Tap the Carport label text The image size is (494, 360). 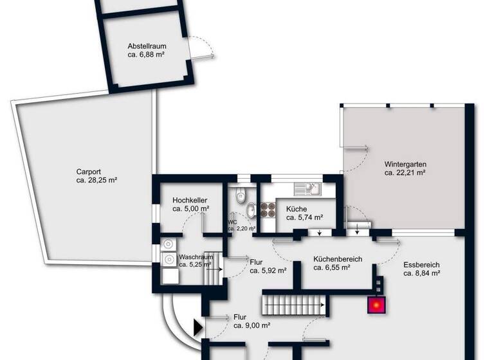(x=88, y=172)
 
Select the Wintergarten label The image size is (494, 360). (x=405, y=164)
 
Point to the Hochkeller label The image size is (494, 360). (x=190, y=201)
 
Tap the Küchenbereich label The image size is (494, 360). (x=337, y=259)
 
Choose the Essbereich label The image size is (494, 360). (x=421, y=264)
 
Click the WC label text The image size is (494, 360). (x=232, y=222)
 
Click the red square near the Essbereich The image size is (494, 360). (x=376, y=305)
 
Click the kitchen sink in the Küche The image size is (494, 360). (x=307, y=189)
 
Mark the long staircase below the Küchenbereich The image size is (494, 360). (x=295, y=302)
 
